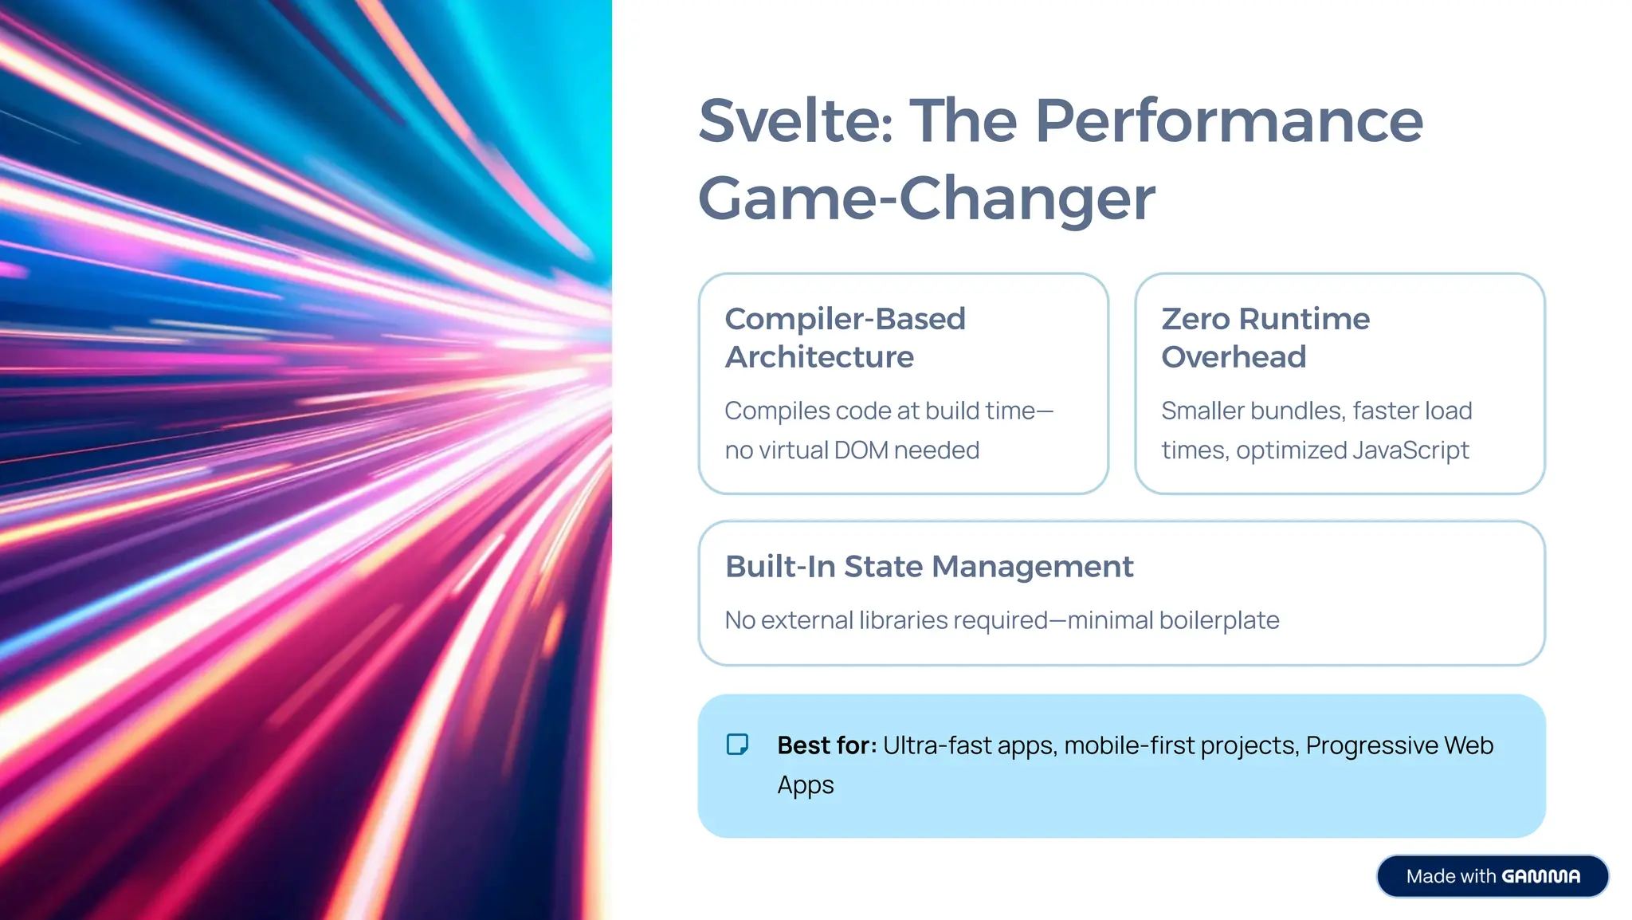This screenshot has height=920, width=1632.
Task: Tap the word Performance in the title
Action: point(1229,121)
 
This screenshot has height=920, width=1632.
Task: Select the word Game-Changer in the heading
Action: point(926,199)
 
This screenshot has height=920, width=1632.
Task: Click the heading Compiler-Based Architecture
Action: point(845,337)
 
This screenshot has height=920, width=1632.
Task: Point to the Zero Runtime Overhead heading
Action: point(1265,337)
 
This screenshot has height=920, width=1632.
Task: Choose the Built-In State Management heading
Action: point(928,567)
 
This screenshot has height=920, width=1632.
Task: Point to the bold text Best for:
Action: point(826,745)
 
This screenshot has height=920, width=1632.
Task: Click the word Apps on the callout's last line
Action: point(806,785)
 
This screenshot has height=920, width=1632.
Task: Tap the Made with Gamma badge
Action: point(1492,876)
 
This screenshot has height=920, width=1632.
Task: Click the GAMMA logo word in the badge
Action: point(1540,877)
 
